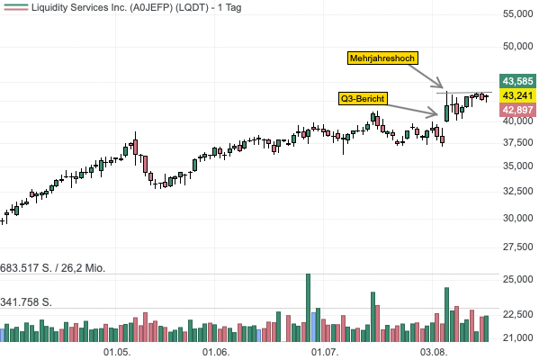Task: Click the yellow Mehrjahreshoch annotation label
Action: pos(382,58)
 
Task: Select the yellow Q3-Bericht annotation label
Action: pos(363,99)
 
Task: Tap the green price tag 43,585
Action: pos(517,81)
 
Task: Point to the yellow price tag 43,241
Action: pos(517,95)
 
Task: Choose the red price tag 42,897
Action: pos(517,110)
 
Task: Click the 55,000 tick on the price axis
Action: pos(518,13)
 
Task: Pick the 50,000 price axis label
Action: pos(518,46)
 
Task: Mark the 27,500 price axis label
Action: pos(518,247)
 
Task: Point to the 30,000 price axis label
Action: pos(518,218)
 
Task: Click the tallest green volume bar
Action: pos(308,308)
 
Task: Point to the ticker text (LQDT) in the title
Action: pos(192,7)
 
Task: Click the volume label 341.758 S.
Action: pos(26,302)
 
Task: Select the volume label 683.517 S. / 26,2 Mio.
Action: pos(52,268)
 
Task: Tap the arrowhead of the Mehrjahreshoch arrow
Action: pos(443,87)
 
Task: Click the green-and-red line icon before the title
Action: pos(16,7)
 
